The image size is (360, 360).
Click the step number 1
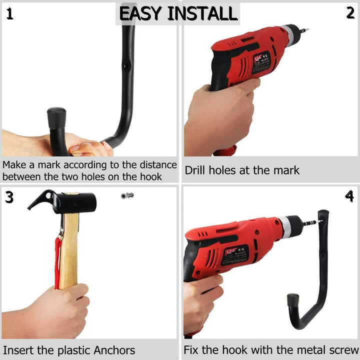point(10,13)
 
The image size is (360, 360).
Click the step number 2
point(350,13)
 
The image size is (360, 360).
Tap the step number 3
point(9,197)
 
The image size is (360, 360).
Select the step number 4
point(349,196)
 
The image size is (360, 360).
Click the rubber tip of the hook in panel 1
point(56,117)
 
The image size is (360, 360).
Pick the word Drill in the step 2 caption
point(196,170)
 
